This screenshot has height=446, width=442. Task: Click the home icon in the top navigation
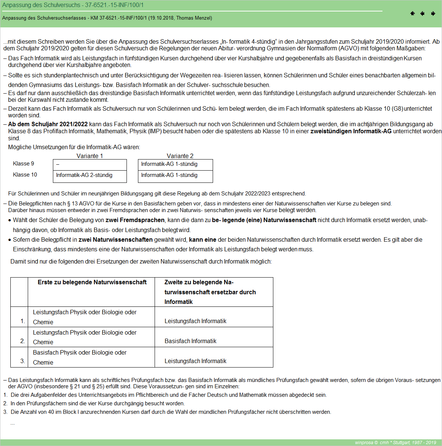point(412,14)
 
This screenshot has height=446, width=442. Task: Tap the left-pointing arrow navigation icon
point(422,14)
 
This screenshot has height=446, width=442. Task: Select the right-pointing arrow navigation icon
point(433,14)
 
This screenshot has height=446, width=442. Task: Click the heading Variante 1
point(90,156)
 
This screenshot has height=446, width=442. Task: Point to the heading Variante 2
point(180,156)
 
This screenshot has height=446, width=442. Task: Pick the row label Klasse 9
point(23,164)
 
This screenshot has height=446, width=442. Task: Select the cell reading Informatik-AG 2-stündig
point(84,175)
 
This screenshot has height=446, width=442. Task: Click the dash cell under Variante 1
point(58,164)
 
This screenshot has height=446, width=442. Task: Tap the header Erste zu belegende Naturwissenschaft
point(92,282)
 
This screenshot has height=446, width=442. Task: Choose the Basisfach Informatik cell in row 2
point(190,341)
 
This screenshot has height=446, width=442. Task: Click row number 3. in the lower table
point(23,361)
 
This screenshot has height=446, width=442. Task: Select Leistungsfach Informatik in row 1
point(195,321)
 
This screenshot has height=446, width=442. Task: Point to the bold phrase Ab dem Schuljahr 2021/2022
point(48,124)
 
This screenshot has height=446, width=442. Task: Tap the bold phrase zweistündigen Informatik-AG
point(351,131)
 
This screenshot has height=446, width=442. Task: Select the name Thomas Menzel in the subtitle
point(193,18)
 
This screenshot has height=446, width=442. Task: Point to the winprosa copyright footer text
point(395,443)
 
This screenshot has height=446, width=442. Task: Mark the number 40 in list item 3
point(51,412)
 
